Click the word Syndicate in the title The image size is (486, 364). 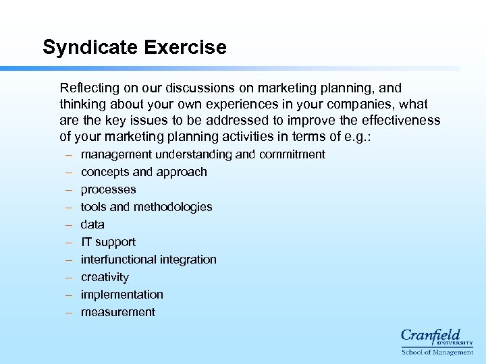[93, 48]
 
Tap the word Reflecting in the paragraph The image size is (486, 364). [88, 88]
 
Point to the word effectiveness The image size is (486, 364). [402, 120]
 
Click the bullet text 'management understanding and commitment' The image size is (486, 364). [202, 154]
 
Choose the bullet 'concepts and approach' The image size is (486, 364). [144, 172]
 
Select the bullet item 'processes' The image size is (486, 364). [108, 189]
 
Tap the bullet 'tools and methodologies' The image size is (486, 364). [146, 207]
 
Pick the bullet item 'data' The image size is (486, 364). [92, 224]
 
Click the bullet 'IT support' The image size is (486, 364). [108, 242]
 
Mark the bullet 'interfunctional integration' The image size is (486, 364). [148, 260]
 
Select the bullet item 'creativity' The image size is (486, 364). [105, 277]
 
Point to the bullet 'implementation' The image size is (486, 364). [122, 295]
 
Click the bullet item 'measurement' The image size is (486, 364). [117, 312]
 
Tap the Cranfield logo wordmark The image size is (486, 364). [431, 336]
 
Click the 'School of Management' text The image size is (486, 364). [437, 352]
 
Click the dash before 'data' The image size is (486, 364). [69, 224]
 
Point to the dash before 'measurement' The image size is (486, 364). [69, 312]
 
